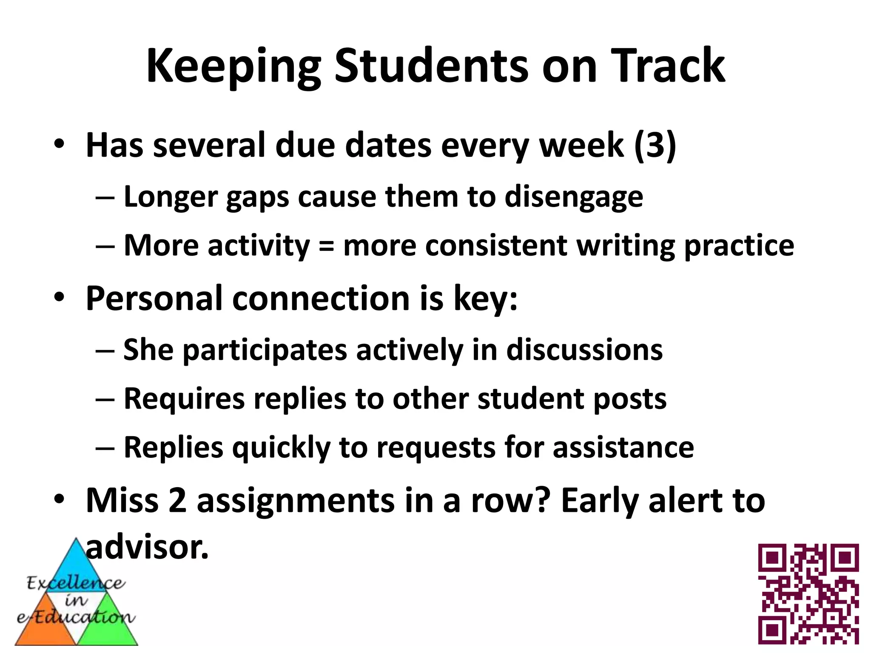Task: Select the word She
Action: (x=148, y=350)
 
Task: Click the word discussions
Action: (x=584, y=350)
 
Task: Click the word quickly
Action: (x=281, y=448)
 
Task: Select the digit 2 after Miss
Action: (x=177, y=501)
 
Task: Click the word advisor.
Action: (x=147, y=548)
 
